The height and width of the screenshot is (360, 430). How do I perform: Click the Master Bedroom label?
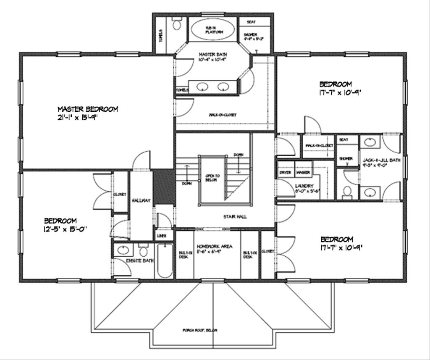[87, 109]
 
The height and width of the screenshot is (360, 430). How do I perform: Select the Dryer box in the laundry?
[285, 173]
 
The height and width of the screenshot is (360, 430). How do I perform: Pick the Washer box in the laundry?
[303, 173]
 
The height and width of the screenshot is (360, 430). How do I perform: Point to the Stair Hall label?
[235, 217]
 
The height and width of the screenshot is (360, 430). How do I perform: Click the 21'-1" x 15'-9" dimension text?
[81, 117]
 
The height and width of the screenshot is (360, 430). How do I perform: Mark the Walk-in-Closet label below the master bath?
[222, 114]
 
